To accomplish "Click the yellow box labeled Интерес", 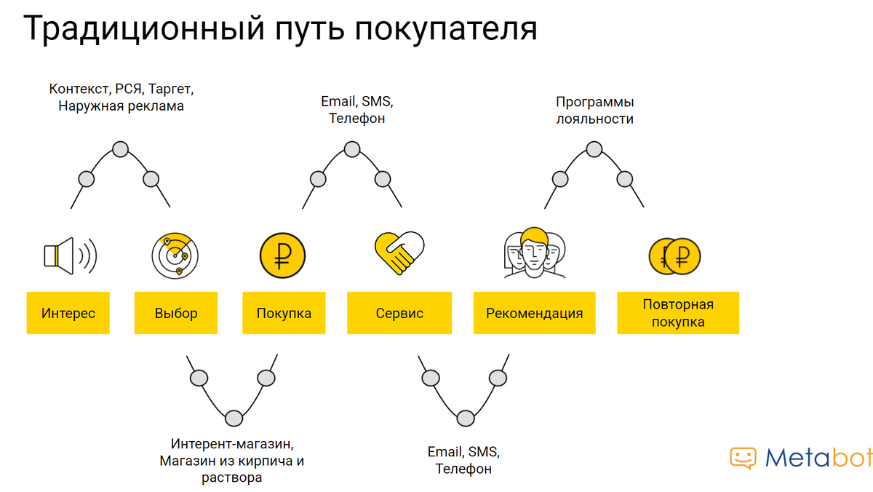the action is click(68, 313).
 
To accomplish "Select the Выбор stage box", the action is click(176, 313).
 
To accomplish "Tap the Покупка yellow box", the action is click(284, 313).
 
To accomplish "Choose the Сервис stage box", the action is click(399, 313).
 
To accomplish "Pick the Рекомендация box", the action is click(534, 313).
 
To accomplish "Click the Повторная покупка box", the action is click(678, 313).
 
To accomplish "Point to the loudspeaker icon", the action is click(70, 255).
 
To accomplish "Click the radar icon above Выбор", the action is click(175, 255).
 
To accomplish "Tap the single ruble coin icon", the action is click(282, 255).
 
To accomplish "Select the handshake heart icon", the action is click(399, 253).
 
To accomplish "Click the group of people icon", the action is click(534, 253).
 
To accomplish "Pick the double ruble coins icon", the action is click(674, 256).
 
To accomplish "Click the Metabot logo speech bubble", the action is click(743, 458).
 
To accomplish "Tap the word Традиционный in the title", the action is click(144, 28).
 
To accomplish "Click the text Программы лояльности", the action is click(595, 111).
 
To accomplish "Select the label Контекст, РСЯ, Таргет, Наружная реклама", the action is click(121, 98).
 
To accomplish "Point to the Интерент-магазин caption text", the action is click(232, 461).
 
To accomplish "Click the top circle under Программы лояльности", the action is click(594, 149).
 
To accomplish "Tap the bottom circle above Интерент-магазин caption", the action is click(234, 418).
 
